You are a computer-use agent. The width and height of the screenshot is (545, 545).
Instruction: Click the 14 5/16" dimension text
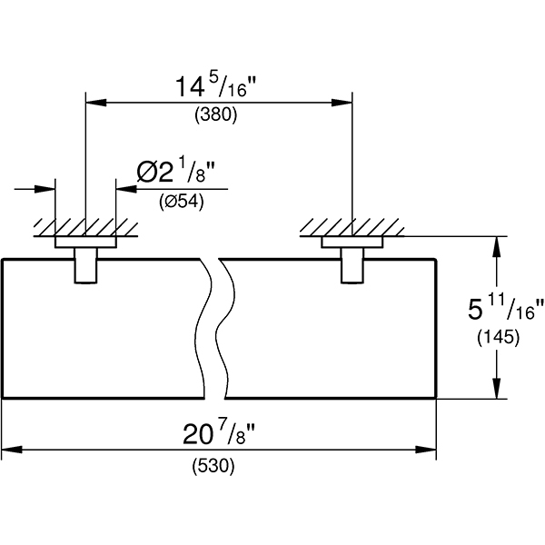point(217,89)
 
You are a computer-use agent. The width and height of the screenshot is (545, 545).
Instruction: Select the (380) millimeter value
point(217,116)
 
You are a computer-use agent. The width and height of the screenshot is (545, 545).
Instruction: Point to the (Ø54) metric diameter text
point(181,201)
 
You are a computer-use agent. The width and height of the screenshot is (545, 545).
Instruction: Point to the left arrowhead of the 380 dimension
point(92,103)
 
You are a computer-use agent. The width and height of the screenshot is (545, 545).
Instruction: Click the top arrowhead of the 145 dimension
point(497,244)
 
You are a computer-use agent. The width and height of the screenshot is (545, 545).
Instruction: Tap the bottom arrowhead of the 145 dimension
point(497,391)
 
